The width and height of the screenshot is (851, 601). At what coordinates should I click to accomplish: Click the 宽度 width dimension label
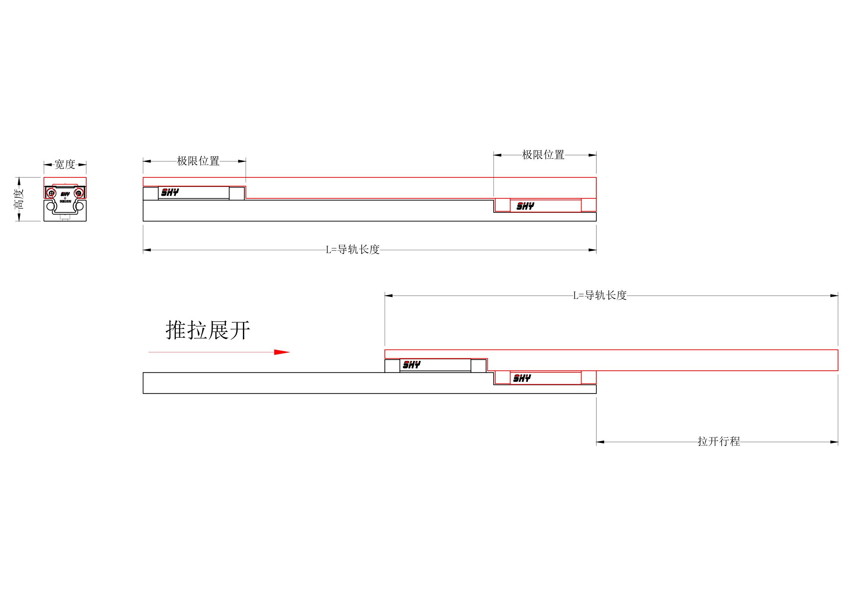click(65, 165)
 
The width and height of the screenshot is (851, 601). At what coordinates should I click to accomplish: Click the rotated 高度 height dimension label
click(19, 199)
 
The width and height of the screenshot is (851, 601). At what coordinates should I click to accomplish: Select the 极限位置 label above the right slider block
click(543, 155)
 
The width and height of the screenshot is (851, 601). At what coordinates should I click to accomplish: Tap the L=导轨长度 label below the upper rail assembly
click(352, 250)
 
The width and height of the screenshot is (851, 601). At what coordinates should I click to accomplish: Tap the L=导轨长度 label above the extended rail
click(600, 295)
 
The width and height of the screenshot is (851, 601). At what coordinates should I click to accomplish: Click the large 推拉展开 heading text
click(208, 330)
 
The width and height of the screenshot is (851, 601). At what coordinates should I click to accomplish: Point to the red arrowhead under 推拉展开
click(282, 352)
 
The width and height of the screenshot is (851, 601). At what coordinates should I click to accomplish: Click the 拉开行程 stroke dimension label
click(719, 441)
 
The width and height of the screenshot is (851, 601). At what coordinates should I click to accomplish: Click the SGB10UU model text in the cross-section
click(65, 202)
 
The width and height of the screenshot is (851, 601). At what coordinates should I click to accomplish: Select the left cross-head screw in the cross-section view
click(51, 193)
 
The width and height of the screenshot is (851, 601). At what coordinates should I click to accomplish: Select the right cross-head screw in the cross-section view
click(78, 193)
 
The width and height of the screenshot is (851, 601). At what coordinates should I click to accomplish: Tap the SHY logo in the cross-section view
click(65, 194)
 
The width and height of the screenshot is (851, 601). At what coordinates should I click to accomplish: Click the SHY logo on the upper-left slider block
click(170, 192)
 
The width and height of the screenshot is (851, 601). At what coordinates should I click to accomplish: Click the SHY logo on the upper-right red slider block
click(525, 206)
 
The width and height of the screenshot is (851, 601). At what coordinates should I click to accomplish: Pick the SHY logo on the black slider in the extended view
click(411, 365)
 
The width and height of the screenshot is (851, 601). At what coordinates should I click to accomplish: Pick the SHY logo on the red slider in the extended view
click(522, 378)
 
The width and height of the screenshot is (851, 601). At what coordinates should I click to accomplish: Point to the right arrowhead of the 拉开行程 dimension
click(834, 442)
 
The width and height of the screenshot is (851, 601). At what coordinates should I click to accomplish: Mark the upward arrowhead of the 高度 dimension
click(19, 181)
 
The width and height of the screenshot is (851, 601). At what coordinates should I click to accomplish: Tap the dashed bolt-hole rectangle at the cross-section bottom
click(65, 217)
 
